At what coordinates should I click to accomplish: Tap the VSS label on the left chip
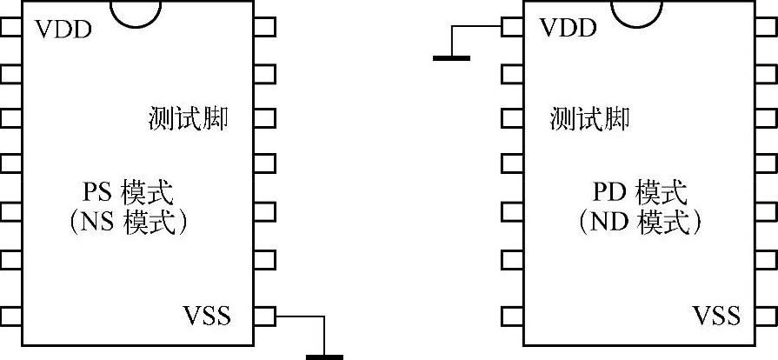[x=207, y=315]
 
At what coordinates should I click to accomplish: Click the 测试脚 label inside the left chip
[x=189, y=119]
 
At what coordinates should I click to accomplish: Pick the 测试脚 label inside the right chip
[x=590, y=119]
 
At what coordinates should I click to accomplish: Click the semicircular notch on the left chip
[x=136, y=13]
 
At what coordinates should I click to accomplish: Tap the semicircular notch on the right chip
[x=642, y=13]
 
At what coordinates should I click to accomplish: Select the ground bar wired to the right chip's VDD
[x=451, y=58]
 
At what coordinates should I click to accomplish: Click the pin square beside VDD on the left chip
[x=10, y=27]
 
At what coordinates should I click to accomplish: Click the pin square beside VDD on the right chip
[x=512, y=27]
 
